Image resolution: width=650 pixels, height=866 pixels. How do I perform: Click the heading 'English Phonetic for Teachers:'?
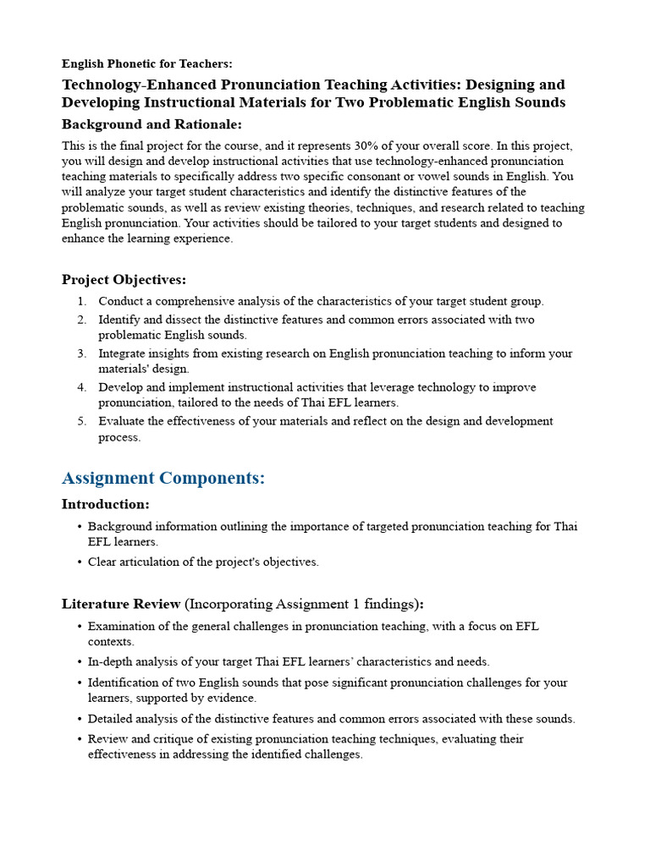pos(146,64)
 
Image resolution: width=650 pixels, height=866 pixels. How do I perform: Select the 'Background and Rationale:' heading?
pos(151,124)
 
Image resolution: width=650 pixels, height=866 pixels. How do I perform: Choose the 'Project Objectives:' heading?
pos(124,280)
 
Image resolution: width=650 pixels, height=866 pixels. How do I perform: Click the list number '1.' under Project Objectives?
pos(81,301)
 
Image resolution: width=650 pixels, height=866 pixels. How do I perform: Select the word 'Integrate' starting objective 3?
pos(122,354)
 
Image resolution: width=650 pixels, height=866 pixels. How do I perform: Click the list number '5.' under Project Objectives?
pos(81,421)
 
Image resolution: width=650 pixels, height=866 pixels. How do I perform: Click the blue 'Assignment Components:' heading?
pos(163,478)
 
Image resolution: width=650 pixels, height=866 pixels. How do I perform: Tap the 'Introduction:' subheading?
pos(106,505)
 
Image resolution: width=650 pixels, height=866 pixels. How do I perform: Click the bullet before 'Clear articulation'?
pos(79,562)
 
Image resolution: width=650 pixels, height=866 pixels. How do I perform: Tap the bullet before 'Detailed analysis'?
pos(79,719)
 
